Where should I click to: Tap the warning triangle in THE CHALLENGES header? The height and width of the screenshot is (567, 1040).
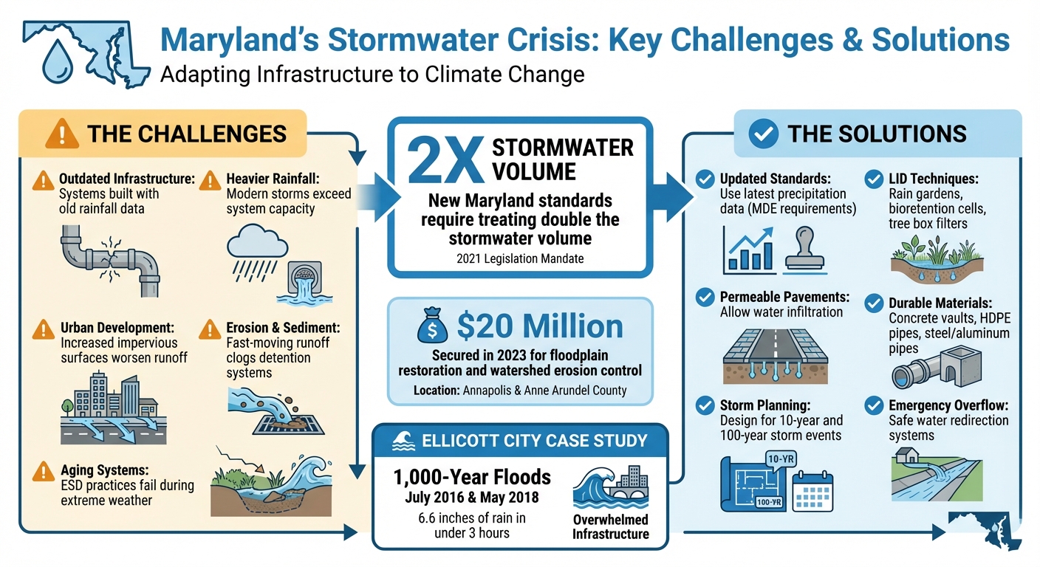click(62, 134)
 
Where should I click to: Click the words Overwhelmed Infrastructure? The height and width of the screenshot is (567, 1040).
click(610, 526)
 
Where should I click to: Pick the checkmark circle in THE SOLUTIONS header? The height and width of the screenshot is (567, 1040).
click(764, 134)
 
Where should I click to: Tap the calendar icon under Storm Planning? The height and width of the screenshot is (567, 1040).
click(812, 489)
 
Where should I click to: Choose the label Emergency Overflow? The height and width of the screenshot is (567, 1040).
click(948, 405)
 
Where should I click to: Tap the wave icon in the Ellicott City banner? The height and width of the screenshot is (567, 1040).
click(403, 441)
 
